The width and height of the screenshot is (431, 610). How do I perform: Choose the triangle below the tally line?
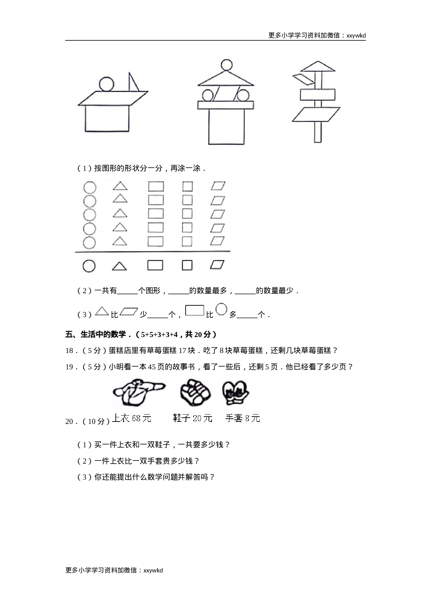(119, 266)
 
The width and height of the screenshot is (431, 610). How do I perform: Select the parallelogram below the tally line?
(217, 265)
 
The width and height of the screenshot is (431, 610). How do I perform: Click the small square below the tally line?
(187, 265)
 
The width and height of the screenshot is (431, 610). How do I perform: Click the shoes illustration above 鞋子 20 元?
(195, 393)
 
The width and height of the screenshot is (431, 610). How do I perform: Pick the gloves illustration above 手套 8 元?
(236, 393)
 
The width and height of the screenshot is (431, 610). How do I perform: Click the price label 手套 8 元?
(243, 418)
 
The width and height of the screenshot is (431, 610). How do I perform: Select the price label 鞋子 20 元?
(193, 418)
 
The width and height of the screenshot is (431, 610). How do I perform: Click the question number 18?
(69, 351)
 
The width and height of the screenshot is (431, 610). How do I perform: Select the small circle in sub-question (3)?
(221, 309)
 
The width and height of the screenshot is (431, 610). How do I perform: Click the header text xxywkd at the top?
(356, 35)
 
